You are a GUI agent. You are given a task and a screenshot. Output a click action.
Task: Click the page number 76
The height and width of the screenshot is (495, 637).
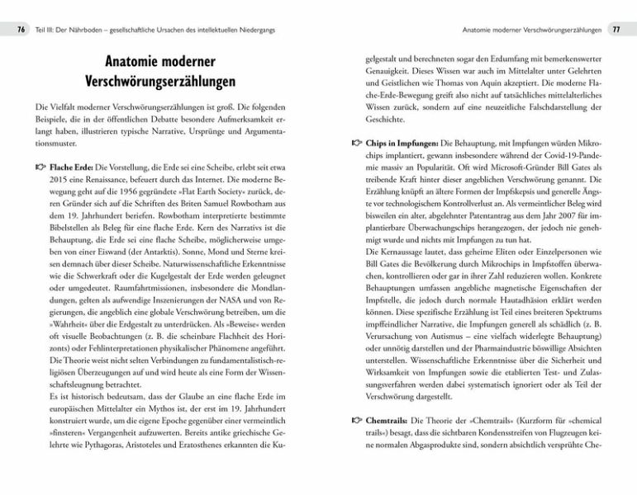[21, 31]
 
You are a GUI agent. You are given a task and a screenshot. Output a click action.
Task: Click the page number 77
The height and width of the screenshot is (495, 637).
[616, 31]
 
